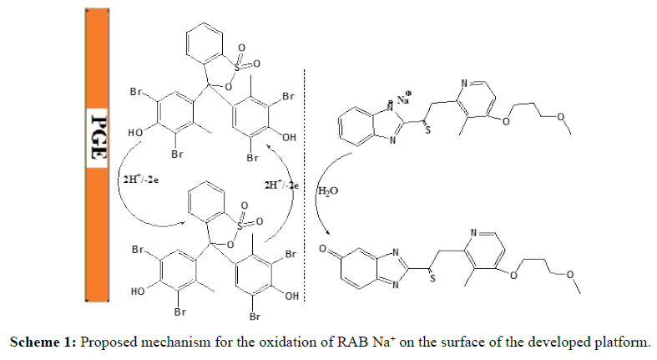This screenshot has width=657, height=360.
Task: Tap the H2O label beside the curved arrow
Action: (x=327, y=190)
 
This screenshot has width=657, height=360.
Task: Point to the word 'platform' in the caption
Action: (x=614, y=342)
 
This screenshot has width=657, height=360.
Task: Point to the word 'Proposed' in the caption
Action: (x=106, y=342)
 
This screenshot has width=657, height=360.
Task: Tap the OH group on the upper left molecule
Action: (x=288, y=138)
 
